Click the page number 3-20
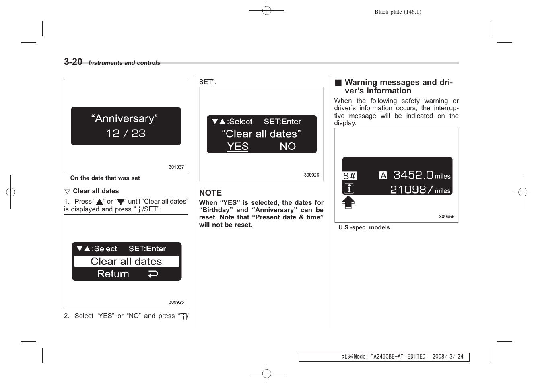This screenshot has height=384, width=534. tap(73, 62)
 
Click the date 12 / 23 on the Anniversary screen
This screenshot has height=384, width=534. tap(126, 134)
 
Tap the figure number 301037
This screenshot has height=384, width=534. tap(176, 167)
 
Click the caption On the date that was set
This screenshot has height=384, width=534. tap(105, 178)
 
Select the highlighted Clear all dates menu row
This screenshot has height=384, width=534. tap(126, 261)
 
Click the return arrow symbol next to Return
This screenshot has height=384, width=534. tap(153, 274)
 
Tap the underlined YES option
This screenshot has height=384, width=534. tap(237, 147)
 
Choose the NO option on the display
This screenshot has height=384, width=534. tap(288, 147)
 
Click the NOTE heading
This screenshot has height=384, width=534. tap(210, 193)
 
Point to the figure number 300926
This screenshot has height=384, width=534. tap(311, 175)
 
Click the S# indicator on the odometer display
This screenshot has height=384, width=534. tap(349, 176)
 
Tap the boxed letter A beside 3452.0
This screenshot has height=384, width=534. tap(383, 175)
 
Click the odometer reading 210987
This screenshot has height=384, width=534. tap(411, 190)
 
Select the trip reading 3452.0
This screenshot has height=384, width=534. tap(413, 175)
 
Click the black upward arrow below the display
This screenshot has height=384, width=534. tap(348, 202)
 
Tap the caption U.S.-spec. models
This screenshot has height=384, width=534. tap(364, 227)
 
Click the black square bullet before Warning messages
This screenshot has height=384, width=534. tap(338, 83)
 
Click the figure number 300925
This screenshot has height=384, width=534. tap(176, 302)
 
